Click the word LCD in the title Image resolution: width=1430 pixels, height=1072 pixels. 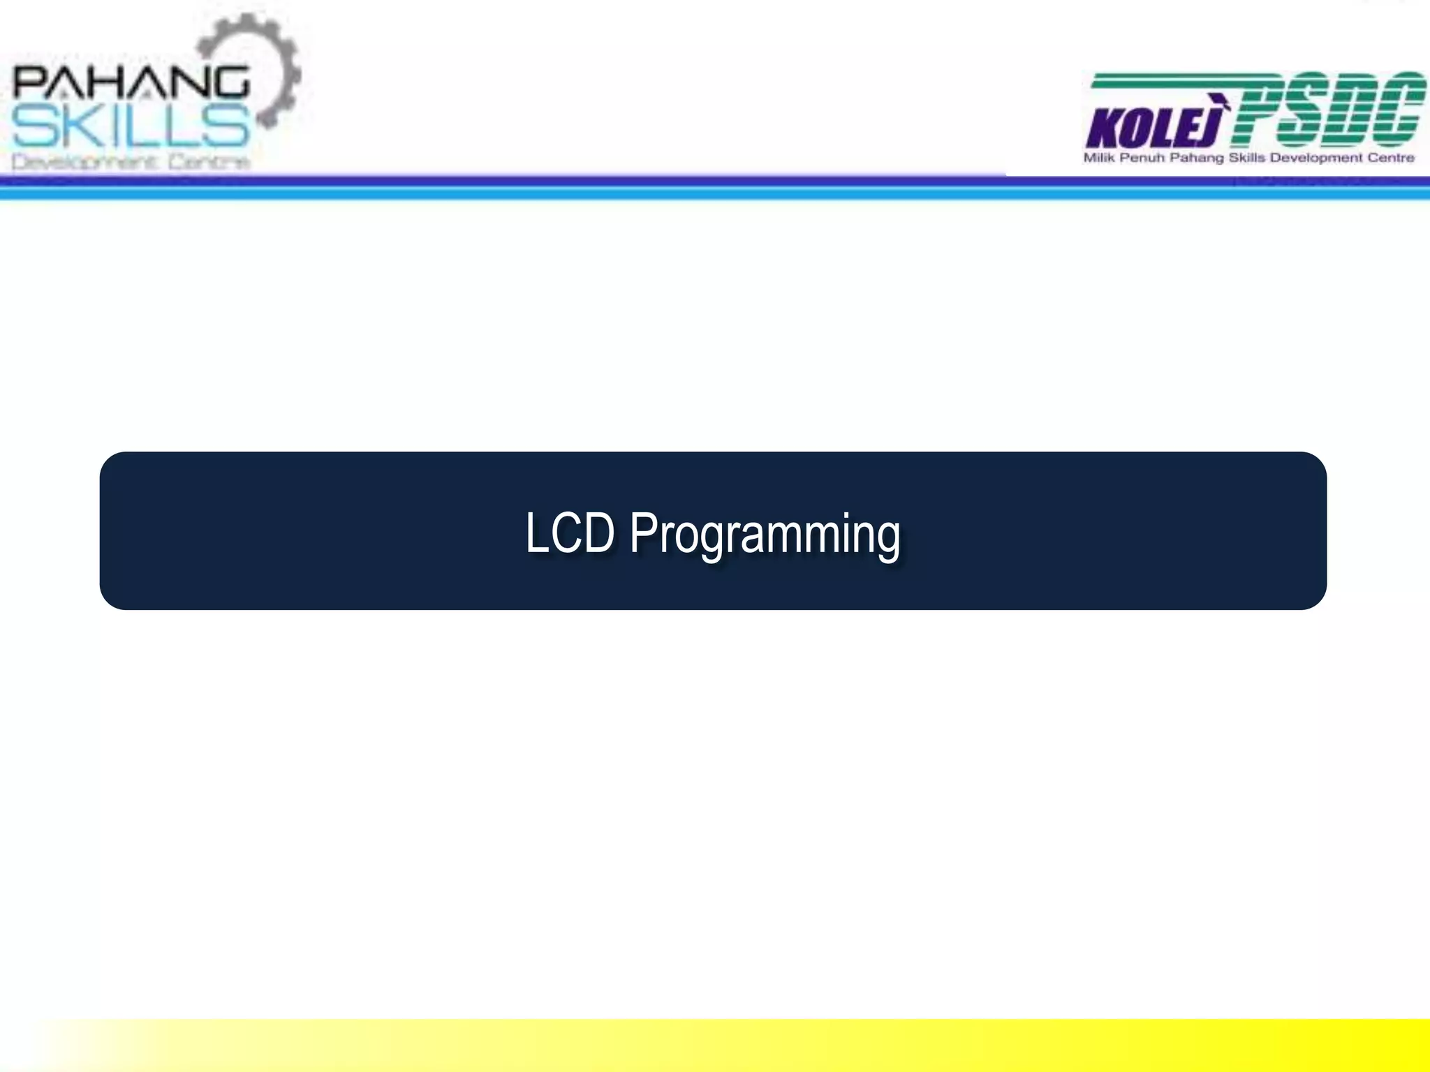[x=569, y=533]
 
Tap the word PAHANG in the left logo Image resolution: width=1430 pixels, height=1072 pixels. [x=131, y=82]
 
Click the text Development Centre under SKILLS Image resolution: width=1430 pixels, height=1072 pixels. [x=131, y=163]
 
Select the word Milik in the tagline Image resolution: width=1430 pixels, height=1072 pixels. [x=1099, y=158]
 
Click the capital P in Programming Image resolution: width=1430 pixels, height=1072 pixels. [x=642, y=533]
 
